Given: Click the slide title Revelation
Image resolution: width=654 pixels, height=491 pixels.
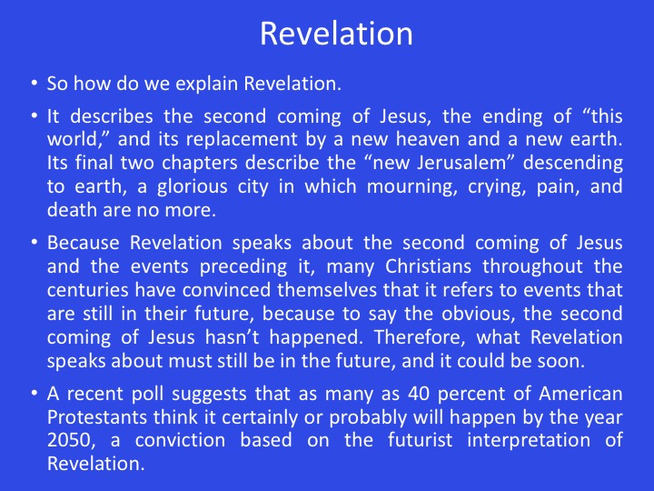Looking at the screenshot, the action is click(336, 34).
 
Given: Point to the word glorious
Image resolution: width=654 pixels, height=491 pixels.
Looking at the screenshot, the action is click(192, 186).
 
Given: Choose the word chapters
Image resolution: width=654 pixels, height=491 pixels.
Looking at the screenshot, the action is click(199, 163).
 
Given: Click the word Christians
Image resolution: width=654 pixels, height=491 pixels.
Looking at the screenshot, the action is click(428, 266).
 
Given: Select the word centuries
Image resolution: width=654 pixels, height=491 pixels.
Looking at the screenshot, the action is click(87, 290).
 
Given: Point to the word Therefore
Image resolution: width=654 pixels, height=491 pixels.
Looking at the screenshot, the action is click(419, 337).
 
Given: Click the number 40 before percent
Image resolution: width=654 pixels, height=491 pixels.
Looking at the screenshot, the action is click(419, 394).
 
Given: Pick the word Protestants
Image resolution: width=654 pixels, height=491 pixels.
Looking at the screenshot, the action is click(97, 417).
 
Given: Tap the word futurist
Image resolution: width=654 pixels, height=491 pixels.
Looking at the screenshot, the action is click(420, 440).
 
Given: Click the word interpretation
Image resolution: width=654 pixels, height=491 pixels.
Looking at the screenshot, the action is click(529, 441).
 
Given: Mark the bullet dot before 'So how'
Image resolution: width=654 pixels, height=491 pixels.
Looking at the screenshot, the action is click(35, 82).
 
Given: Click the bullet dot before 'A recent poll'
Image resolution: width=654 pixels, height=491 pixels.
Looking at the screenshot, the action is click(35, 393).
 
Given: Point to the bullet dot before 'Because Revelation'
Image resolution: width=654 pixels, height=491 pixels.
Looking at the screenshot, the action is click(35, 242).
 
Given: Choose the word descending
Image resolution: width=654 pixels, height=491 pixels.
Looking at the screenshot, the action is click(572, 163).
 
